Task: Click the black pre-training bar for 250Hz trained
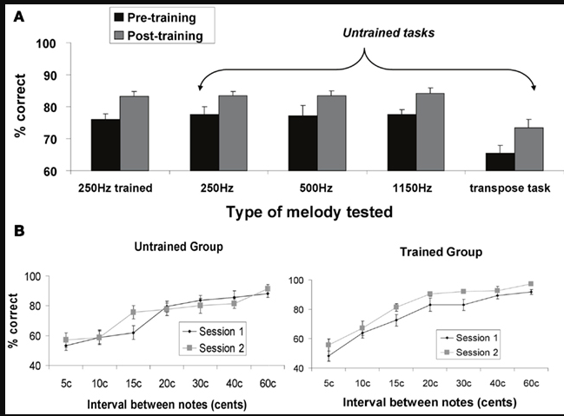pyautogui.click(x=105, y=144)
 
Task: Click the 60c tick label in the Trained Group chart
pyautogui.click(x=529, y=384)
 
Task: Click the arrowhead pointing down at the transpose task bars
pyautogui.click(x=533, y=88)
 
